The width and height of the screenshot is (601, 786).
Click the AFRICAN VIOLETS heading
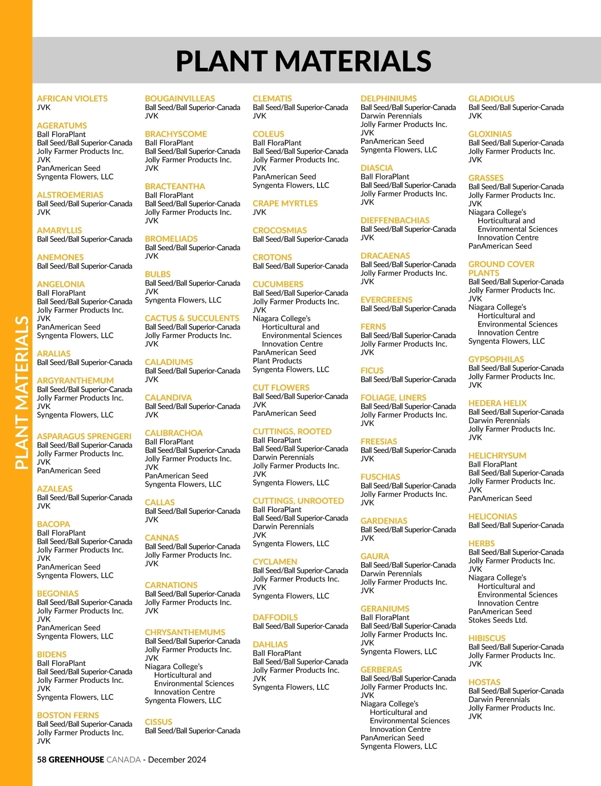pos(72,99)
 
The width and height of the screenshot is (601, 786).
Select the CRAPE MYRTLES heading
pos(285,203)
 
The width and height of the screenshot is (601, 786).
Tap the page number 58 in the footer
pos(42,759)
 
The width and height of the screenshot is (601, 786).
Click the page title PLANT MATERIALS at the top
pos(304,61)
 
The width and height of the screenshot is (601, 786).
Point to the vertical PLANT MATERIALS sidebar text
pos(22,393)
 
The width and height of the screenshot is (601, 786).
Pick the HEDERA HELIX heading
pos(497,403)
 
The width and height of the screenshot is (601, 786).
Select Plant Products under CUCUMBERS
pos(277,361)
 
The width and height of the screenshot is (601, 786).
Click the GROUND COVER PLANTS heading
pos(501,269)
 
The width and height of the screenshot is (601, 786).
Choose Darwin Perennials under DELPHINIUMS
pos(391,116)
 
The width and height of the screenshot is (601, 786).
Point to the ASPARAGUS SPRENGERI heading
pos(84,436)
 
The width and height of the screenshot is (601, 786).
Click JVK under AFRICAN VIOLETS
pos(44,107)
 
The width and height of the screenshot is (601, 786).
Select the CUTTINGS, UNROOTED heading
pos(298,501)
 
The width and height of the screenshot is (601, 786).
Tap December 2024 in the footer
pos(177,759)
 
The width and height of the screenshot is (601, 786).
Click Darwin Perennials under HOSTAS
pos(499,699)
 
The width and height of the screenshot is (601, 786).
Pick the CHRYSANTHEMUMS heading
pos(185,632)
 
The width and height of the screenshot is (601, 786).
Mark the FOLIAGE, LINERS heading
pos(393,398)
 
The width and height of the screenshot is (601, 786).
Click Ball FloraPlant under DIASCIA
pos(385,177)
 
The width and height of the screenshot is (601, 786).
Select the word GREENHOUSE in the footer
pos(77,759)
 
